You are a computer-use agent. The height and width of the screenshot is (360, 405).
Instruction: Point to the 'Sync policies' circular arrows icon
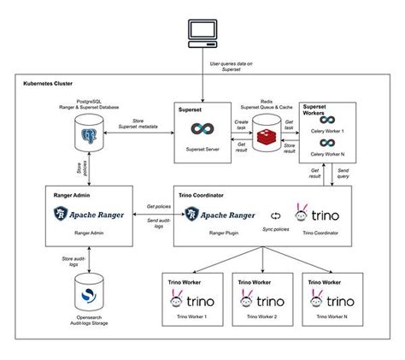point(275,215)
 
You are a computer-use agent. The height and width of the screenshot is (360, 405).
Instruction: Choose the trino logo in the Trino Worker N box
point(332,300)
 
